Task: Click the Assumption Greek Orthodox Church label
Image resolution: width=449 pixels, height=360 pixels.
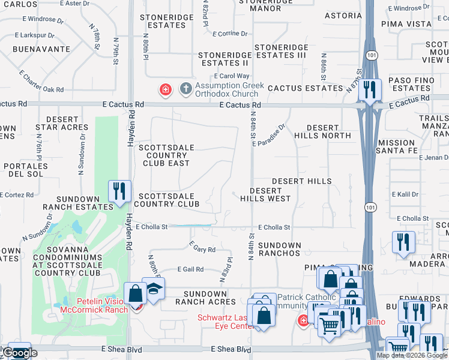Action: [x=231, y=89]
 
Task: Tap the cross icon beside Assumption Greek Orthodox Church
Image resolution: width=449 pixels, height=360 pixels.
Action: [x=186, y=89]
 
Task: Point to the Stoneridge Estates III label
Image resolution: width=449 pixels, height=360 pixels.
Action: [x=280, y=51]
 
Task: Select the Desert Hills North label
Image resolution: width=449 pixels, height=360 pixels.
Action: [x=328, y=131]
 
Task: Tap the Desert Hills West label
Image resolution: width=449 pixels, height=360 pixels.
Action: [x=265, y=194]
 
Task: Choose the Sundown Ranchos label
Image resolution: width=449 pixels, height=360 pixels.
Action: [x=280, y=249]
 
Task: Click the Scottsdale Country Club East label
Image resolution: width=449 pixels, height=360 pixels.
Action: [x=164, y=155]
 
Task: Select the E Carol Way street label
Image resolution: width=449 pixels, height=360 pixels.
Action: [x=234, y=76]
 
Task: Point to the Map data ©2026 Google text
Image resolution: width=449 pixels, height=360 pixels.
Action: [x=412, y=355]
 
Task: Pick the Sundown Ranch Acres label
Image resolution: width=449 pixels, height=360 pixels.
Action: [x=205, y=298]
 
